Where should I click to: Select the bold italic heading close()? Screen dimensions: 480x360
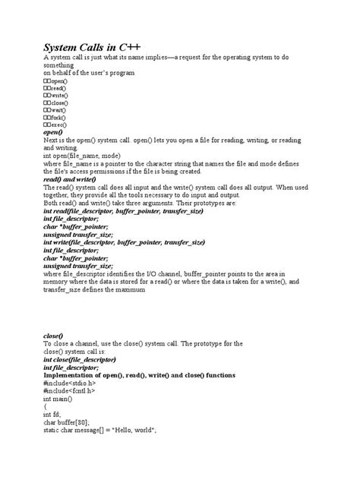tap(53, 335)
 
